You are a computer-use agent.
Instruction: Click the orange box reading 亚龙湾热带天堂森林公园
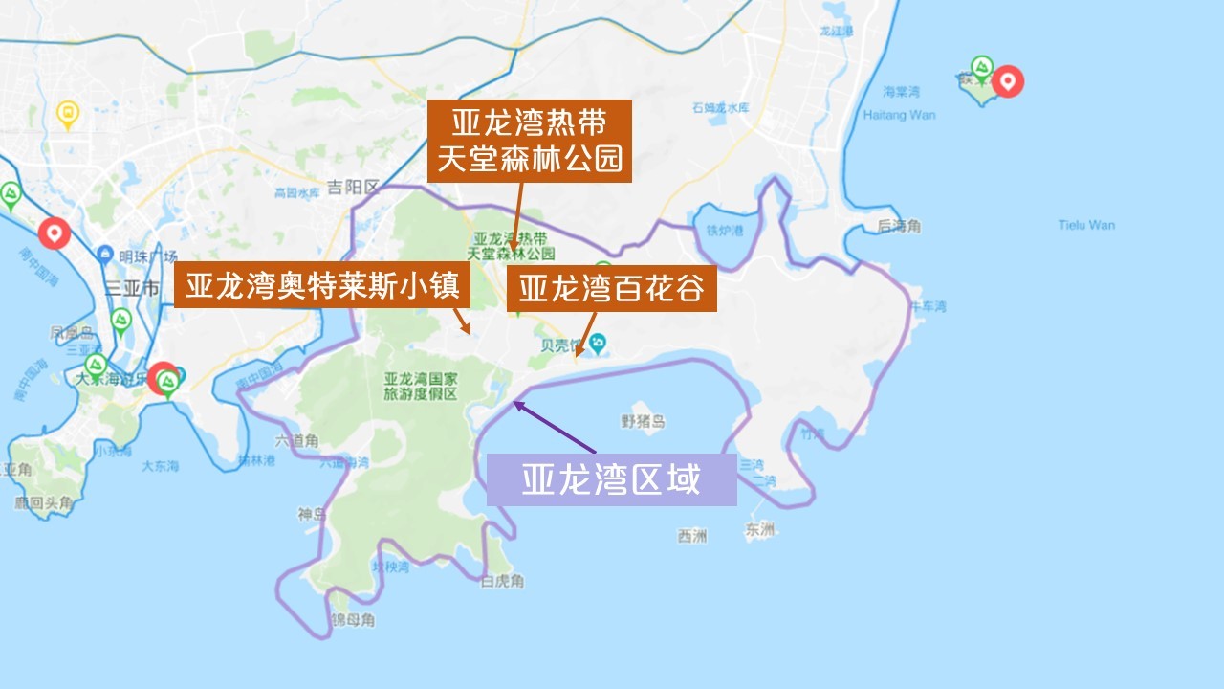(x=530, y=141)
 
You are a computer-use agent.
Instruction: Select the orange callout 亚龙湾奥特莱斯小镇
(x=322, y=286)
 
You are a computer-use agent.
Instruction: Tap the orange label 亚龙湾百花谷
(x=611, y=288)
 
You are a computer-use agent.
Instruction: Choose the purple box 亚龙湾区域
(x=611, y=479)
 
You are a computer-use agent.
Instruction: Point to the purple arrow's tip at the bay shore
(x=515, y=402)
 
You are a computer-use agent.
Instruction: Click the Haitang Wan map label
(x=899, y=115)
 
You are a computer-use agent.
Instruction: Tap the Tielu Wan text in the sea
(x=1086, y=226)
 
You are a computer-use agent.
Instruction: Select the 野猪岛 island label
(x=643, y=421)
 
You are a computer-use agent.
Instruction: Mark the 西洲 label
(x=691, y=536)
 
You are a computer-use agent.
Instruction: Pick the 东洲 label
(x=762, y=529)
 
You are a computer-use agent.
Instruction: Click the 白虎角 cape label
(x=502, y=582)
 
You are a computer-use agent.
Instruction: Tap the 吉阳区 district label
(x=353, y=186)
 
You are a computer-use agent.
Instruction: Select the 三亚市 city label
(x=132, y=286)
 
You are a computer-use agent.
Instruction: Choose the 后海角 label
(x=899, y=227)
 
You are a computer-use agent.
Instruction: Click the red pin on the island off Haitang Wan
(x=1007, y=80)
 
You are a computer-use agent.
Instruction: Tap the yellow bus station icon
(x=67, y=114)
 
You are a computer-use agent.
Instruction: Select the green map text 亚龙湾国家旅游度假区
(x=420, y=386)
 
